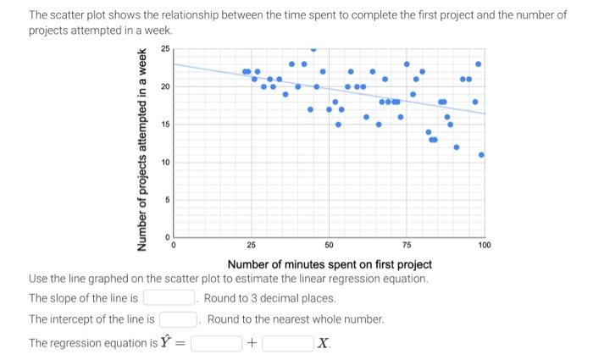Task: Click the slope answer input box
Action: click(x=169, y=298)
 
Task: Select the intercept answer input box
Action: click(x=178, y=319)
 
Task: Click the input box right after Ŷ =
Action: click(x=216, y=343)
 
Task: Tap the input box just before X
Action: click(x=287, y=343)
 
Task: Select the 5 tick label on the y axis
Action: click(x=167, y=199)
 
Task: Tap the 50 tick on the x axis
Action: click(x=329, y=245)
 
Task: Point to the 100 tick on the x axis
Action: click(x=484, y=245)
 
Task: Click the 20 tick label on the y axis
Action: click(x=165, y=86)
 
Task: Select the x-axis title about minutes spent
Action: click(x=330, y=264)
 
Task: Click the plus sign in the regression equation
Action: click(x=251, y=343)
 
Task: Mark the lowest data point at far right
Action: click(x=481, y=155)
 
